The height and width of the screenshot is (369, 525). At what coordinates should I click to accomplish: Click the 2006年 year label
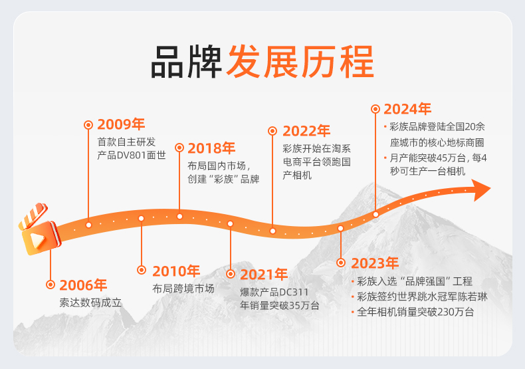83,285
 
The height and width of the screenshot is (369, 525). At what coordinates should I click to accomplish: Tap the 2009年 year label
121,124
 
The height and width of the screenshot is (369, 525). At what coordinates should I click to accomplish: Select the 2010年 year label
176,271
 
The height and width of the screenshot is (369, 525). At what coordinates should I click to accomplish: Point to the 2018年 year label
211,148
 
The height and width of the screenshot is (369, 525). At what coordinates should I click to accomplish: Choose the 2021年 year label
264,275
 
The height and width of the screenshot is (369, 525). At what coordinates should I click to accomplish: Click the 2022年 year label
306,131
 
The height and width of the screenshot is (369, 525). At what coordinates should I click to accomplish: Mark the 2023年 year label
375,263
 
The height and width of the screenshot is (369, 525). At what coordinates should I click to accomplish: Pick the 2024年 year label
407,109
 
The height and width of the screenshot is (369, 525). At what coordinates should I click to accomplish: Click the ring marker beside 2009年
88,125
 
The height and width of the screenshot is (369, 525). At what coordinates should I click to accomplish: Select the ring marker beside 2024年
375,109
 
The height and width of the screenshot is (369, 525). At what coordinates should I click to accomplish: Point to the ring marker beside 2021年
231,274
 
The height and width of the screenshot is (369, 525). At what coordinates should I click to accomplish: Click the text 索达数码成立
90,303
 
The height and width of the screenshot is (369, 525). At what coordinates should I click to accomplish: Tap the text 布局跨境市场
183,289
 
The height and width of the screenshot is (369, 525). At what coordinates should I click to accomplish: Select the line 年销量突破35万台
280,306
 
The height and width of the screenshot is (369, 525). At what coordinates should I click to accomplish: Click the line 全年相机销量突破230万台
415,312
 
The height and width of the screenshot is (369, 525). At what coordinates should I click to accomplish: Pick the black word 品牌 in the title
186,62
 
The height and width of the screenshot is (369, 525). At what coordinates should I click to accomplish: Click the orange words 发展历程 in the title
300,62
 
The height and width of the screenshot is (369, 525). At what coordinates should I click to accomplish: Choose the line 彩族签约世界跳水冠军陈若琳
422,297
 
